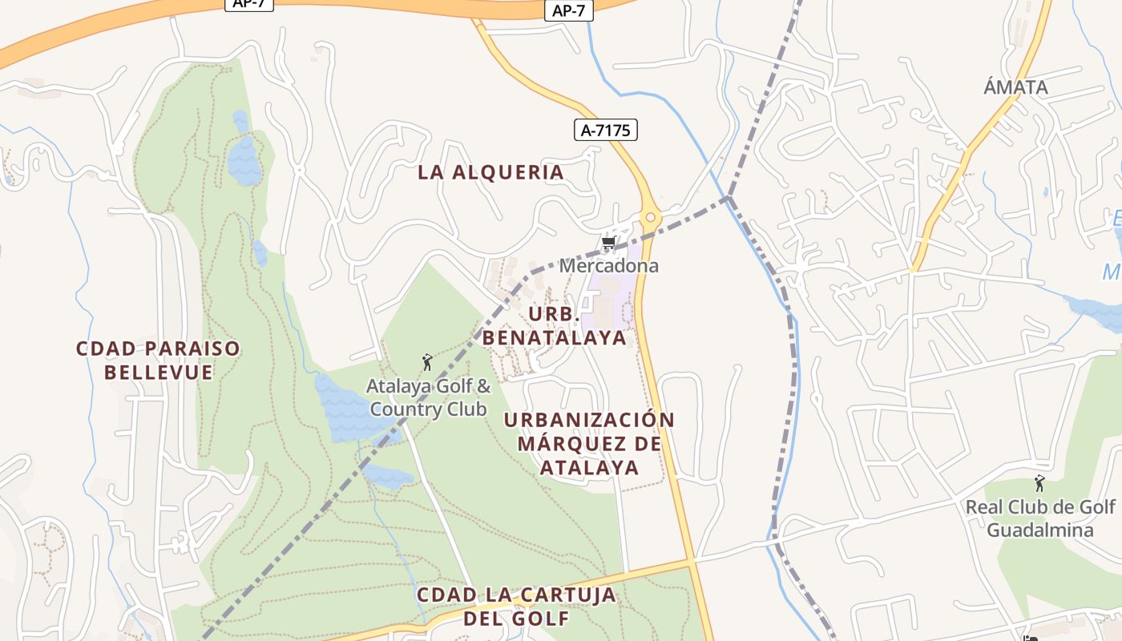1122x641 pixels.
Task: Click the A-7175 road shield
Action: click(x=605, y=130)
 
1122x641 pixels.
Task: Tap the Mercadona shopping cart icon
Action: click(x=608, y=244)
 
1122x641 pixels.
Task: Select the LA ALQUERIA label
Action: click(x=490, y=172)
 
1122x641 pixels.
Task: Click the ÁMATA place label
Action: click(x=1015, y=87)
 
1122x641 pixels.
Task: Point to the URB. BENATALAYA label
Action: click(x=554, y=325)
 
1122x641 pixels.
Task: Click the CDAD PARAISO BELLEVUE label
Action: click(x=158, y=361)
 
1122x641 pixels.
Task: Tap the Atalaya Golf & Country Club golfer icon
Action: click(x=427, y=363)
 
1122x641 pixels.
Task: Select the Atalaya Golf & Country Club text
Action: click(x=428, y=397)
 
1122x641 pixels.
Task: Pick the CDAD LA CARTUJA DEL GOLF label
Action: click(x=516, y=607)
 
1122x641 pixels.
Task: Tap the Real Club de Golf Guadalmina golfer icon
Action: click(x=1039, y=484)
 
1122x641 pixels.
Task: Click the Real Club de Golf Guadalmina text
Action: click(x=1039, y=518)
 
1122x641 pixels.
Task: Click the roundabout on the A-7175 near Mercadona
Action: click(x=650, y=217)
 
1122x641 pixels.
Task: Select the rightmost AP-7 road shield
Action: click(x=569, y=10)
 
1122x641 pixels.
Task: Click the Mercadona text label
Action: click(x=608, y=265)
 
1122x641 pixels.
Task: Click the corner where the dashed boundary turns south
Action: click(x=728, y=197)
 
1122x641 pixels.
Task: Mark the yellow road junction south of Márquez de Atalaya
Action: click(x=692, y=561)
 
